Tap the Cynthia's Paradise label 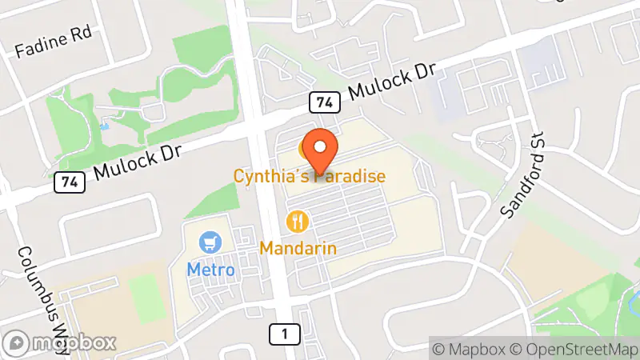click(310, 176)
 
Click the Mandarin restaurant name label click(298, 248)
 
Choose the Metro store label click(211, 270)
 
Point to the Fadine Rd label click(54, 42)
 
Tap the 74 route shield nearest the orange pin click(322, 102)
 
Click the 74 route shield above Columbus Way click(68, 182)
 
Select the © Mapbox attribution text click(470, 349)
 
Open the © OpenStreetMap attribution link click(574, 349)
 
